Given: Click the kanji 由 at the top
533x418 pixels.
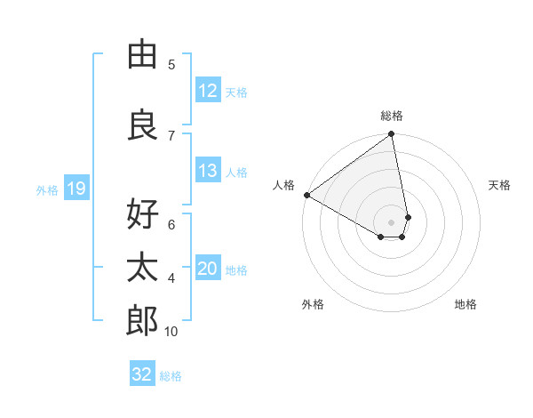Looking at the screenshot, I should click(x=142, y=54).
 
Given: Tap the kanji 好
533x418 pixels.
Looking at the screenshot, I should click(x=142, y=214).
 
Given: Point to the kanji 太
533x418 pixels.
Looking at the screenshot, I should click(x=142, y=268).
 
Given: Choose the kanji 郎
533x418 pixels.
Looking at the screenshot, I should click(x=142, y=320).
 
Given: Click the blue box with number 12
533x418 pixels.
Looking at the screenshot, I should click(x=207, y=91).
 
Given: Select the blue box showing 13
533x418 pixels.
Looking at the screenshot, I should click(x=207, y=171).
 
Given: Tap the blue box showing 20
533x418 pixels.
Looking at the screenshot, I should click(x=207, y=269).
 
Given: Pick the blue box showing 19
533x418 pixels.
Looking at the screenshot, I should click(x=76, y=189).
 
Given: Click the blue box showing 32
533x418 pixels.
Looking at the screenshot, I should click(x=142, y=374).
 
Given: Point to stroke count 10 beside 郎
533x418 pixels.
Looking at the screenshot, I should click(x=171, y=332).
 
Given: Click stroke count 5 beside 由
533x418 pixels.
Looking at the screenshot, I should click(x=171, y=64).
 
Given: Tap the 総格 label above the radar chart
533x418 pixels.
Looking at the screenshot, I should click(x=392, y=116).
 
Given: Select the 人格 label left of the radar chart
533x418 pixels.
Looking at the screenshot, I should click(x=283, y=185).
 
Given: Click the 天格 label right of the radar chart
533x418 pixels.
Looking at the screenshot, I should click(x=499, y=185).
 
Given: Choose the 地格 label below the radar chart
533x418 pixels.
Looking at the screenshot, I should click(x=465, y=304).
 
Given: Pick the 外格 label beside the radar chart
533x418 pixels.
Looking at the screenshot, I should click(x=313, y=304).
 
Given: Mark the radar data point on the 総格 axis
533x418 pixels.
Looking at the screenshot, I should click(x=391, y=135).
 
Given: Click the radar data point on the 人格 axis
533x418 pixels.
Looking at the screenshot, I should click(x=306, y=195).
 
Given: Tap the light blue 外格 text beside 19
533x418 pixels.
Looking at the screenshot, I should click(x=46, y=189).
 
